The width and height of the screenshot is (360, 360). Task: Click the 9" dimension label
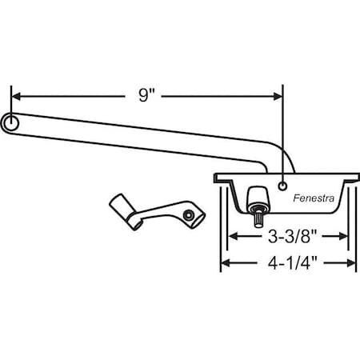145,96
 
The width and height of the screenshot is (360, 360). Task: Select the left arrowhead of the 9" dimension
16,96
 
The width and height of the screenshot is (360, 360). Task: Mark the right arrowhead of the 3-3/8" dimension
342,237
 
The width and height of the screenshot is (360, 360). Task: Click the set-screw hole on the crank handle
186,214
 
